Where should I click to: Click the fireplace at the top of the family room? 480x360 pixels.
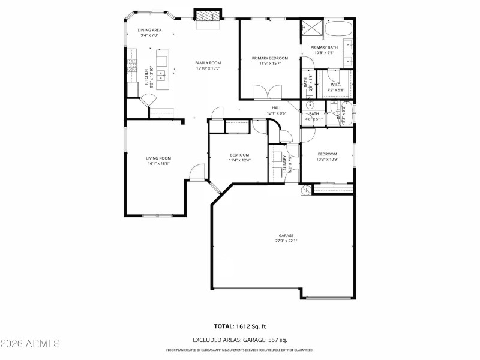[x=208, y=17]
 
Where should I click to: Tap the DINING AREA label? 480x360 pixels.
[x=149, y=30]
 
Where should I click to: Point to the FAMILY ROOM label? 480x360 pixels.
[x=208, y=63]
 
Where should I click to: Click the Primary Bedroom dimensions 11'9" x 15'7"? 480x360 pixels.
[x=269, y=63]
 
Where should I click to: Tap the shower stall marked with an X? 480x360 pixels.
[x=311, y=27]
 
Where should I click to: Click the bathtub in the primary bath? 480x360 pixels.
[x=339, y=28]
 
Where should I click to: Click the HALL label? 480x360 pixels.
[x=276, y=108]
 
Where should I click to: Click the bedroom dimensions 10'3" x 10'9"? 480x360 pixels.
[x=327, y=159]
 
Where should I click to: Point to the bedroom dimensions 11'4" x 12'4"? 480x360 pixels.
[x=239, y=160]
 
